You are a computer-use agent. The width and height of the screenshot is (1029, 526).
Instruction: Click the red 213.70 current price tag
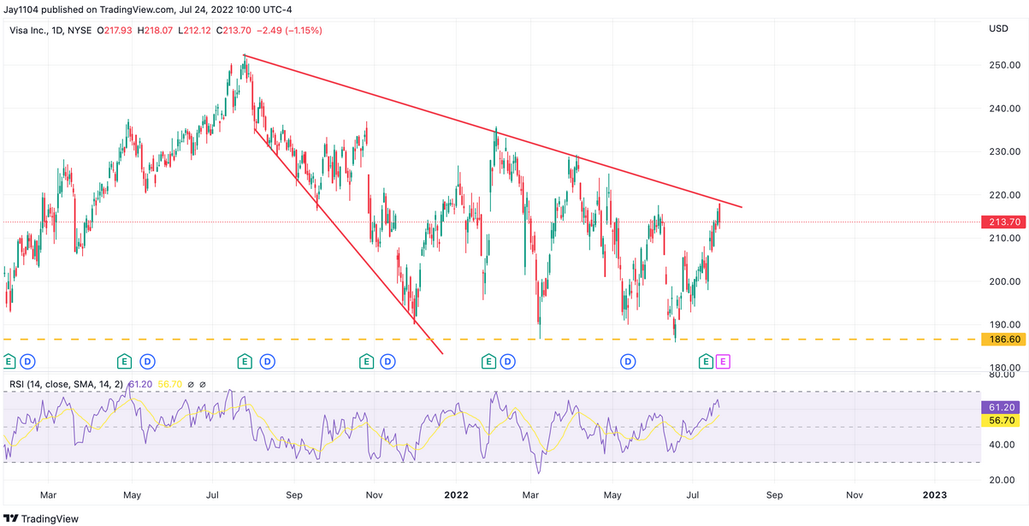click(1004, 222)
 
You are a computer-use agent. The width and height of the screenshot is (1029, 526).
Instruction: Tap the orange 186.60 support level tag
click(1004, 340)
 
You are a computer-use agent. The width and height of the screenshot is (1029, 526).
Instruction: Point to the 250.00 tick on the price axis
click(1005, 65)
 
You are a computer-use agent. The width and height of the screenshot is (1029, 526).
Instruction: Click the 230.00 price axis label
click(1005, 151)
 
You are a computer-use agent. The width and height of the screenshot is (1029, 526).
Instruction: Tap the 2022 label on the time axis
click(456, 495)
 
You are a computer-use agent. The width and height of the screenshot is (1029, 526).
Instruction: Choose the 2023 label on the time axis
click(935, 495)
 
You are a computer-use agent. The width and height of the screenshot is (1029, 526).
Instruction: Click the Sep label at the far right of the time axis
click(774, 495)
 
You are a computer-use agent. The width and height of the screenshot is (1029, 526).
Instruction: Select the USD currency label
click(999, 28)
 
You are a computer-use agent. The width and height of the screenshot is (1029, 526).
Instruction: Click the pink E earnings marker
click(723, 362)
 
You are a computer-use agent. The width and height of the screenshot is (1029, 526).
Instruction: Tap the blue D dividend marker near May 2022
click(628, 362)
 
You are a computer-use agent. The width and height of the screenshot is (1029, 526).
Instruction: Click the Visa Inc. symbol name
click(28, 31)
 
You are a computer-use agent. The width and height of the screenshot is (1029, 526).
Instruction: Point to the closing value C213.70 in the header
click(234, 31)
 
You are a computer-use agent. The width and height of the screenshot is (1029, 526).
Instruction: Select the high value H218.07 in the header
click(156, 31)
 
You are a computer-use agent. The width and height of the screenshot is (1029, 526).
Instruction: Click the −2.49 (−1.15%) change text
click(289, 31)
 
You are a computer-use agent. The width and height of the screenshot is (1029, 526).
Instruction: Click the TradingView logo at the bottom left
click(41, 518)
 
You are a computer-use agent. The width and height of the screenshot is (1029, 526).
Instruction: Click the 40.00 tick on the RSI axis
click(1002, 445)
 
